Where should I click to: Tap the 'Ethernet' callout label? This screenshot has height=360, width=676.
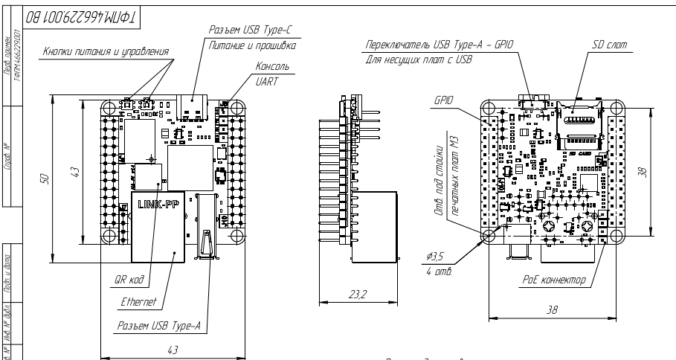pos(138,303)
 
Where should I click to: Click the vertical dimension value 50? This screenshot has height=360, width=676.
pos(44,179)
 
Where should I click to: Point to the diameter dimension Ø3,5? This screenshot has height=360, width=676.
pos(435,257)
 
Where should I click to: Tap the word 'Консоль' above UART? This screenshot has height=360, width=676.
pos(271,66)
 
